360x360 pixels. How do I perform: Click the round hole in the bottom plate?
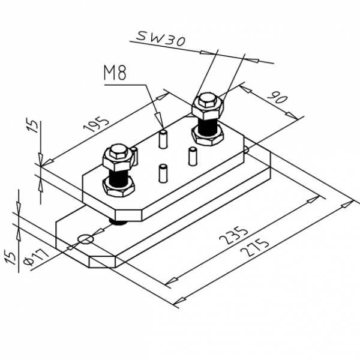click(x=86, y=239)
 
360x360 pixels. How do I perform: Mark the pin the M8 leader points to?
click(x=162, y=138)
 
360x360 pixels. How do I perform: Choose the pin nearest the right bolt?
click(x=193, y=156)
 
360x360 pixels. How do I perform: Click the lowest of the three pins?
click(x=162, y=173)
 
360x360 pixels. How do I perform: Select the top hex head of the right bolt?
click(x=208, y=104)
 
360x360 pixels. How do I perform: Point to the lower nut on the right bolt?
click(x=208, y=136)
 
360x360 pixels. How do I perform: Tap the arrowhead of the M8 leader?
click(x=159, y=122)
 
